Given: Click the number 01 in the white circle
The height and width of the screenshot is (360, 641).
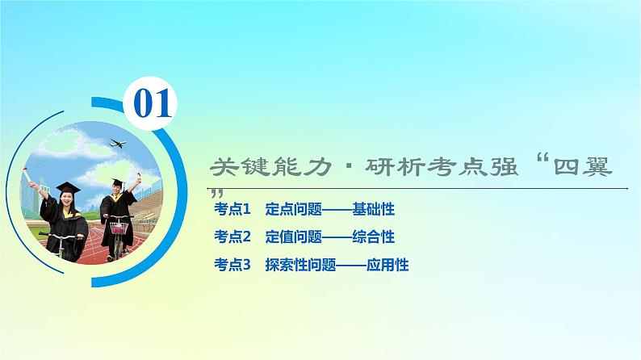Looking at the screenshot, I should click(153, 103).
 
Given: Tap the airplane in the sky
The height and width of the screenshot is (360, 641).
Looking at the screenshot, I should click(119, 145).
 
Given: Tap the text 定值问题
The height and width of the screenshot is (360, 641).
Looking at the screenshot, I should click(291, 237).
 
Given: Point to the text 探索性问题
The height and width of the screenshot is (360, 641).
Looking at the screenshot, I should click(297, 264).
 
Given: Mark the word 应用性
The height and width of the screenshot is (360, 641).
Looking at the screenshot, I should click(387, 264).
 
